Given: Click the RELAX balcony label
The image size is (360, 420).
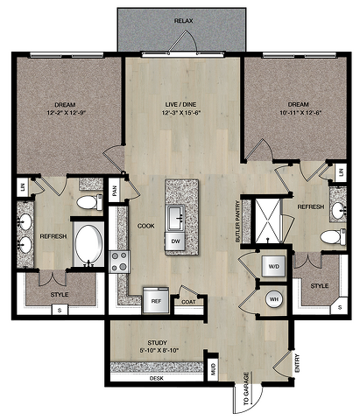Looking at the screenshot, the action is (184, 21).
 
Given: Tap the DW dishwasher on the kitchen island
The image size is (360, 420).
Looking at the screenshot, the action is (175, 241).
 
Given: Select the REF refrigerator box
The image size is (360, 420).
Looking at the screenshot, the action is (156, 300).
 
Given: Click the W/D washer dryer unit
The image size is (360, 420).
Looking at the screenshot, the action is (273, 266).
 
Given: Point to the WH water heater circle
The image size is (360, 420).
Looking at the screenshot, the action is (274, 299).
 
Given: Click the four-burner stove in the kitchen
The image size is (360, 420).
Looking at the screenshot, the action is (119, 262).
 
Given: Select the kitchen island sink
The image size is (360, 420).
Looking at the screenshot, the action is (175, 217).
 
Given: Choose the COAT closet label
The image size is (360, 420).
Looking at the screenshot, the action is (188, 302).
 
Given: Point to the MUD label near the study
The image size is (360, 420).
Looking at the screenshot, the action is (213, 369).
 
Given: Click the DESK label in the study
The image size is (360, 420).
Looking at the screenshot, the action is (157, 378).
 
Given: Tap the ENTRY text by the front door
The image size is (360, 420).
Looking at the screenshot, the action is (297, 363).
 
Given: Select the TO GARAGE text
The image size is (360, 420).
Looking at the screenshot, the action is (246, 388).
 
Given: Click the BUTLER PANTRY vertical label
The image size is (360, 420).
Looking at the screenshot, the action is (237, 221).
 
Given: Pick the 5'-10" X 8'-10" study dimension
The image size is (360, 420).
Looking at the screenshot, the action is (159, 351).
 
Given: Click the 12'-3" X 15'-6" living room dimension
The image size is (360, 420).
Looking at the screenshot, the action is (182, 113).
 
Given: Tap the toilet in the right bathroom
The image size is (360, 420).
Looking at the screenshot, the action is (333, 236).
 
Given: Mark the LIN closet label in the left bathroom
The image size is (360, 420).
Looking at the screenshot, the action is (23, 187).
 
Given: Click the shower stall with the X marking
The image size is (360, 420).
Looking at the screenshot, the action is (267, 220).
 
